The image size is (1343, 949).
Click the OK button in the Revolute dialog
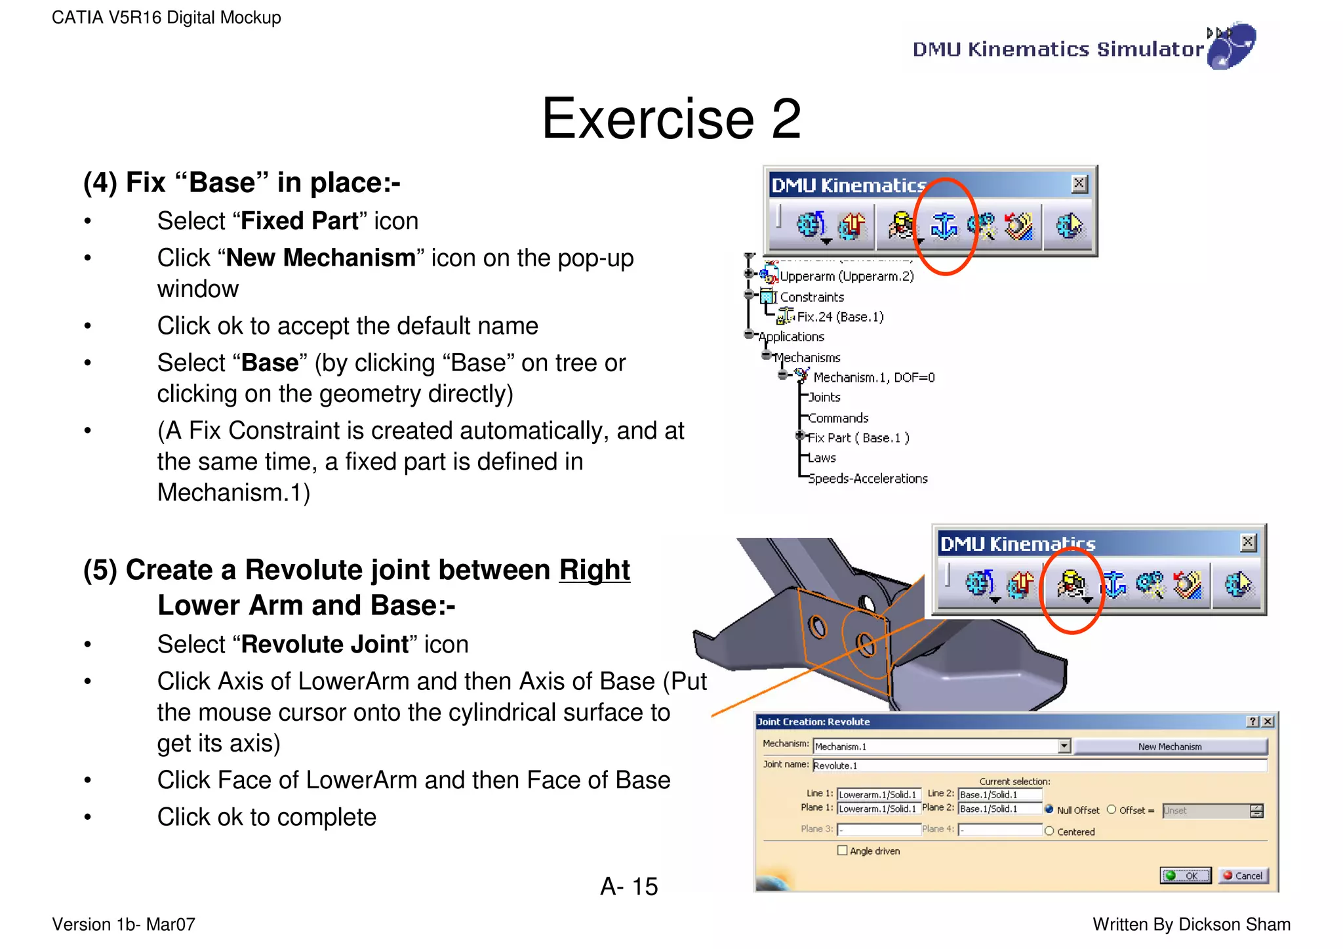[1185, 876]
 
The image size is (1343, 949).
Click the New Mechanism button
[1169, 746]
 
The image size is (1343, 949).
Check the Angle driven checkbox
[843, 851]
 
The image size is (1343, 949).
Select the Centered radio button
[1049, 831]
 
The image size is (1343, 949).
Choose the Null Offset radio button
[1049, 809]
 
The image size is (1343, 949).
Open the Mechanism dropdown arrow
[1064, 746]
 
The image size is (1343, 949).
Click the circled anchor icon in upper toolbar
[944, 226]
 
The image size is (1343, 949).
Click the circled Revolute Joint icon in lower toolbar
[1070, 584]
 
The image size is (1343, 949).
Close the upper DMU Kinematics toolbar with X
[1079, 184]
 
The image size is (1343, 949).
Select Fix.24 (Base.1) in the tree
[839, 317]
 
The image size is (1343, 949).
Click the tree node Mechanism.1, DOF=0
[873, 378]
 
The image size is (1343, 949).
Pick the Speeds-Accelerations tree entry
[867, 479]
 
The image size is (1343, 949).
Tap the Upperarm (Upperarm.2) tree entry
[846, 276]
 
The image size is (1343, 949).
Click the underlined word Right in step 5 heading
[594, 570]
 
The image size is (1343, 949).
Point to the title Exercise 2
[671, 119]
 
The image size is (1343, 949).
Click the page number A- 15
[628, 887]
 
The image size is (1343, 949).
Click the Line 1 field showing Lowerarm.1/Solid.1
[878, 794]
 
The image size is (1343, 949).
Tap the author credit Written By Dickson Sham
[1191, 925]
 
